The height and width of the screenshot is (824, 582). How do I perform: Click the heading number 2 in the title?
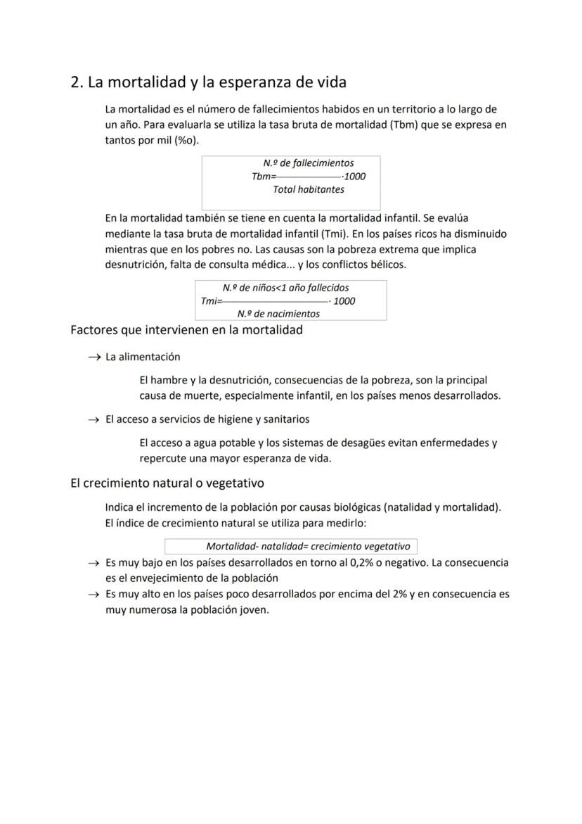click(76, 82)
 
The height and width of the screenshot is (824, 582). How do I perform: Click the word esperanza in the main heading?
click(255, 83)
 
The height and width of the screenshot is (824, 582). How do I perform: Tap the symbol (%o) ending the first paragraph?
click(187, 139)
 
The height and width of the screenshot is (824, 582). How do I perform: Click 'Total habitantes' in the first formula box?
click(309, 189)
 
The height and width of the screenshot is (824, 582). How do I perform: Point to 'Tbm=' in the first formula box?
click(264, 177)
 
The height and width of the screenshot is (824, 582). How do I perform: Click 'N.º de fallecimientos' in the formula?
click(309, 163)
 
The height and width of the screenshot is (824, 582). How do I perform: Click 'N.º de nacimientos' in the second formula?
click(278, 314)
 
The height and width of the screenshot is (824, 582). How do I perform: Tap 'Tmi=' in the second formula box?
click(211, 301)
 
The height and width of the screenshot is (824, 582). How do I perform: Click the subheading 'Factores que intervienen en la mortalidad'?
click(186, 330)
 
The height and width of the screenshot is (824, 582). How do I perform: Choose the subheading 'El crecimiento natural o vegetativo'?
click(167, 483)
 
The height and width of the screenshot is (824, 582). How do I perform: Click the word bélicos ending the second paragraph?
click(388, 265)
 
